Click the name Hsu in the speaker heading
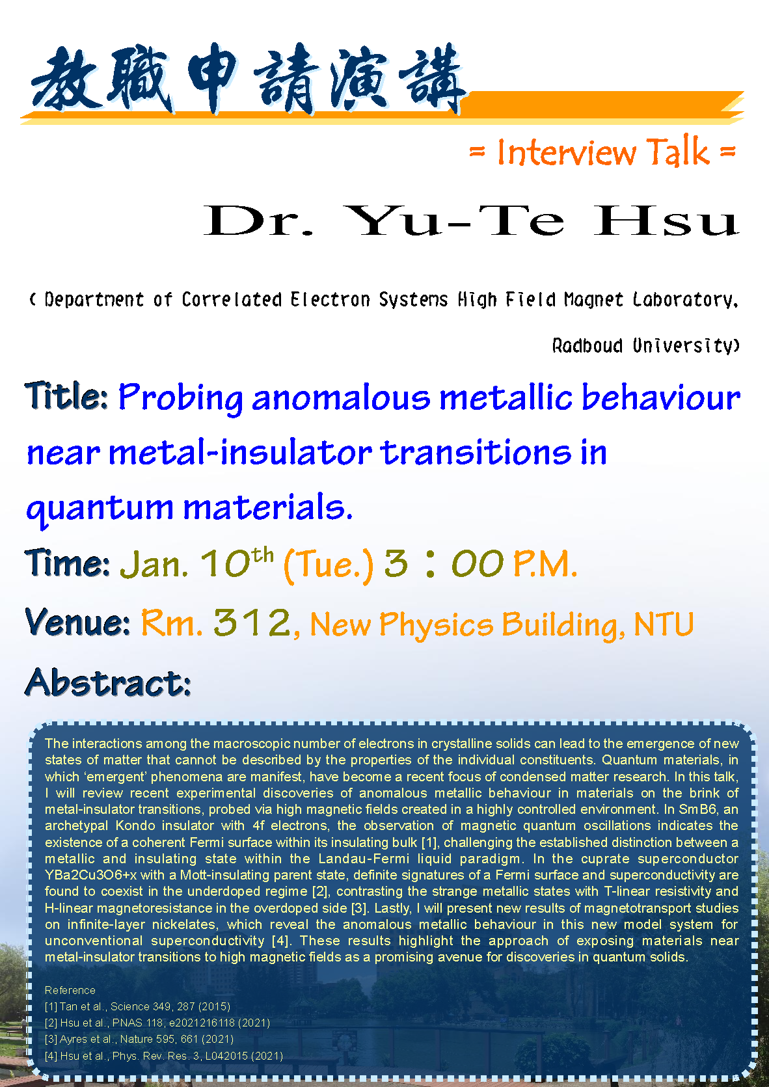coord(667,221)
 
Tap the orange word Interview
coord(566,152)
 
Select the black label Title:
coord(66,396)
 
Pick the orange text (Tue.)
coord(329,566)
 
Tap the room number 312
coord(252,622)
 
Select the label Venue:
coord(77,622)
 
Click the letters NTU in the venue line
coord(664,624)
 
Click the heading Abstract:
coord(108,682)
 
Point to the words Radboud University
coord(645,345)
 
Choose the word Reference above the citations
coord(70,990)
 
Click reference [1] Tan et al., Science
coord(137,1006)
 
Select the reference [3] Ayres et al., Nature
coord(139,1039)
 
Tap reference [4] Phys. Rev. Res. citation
coord(163,1056)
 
